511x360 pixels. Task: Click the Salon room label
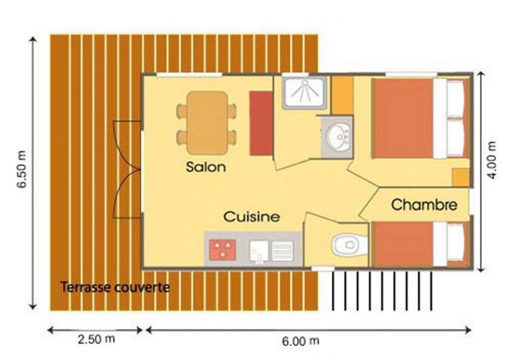click(x=206, y=167)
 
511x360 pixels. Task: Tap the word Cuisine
click(x=252, y=217)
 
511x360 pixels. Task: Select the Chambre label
click(x=424, y=204)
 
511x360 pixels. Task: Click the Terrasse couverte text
click(x=115, y=287)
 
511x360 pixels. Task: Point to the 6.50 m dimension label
click(x=22, y=169)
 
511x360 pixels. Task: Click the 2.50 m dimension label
click(x=96, y=339)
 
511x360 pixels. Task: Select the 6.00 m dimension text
click(x=301, y=341)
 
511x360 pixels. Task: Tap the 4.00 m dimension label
click(x=491, y=160)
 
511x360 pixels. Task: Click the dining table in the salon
click(x=207, y=123)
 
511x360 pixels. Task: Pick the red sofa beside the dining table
click(x=261, y=123)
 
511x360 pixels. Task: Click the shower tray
click(x=304, y=92)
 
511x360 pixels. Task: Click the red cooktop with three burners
click(x=223, y=250)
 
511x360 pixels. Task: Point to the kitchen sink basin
click(x=259, y=251)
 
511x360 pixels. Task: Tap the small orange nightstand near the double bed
click(x=461, y=178)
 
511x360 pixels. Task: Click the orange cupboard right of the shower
click(x=343, y=95)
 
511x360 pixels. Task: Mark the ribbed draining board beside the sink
click(x=282, y=251)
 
